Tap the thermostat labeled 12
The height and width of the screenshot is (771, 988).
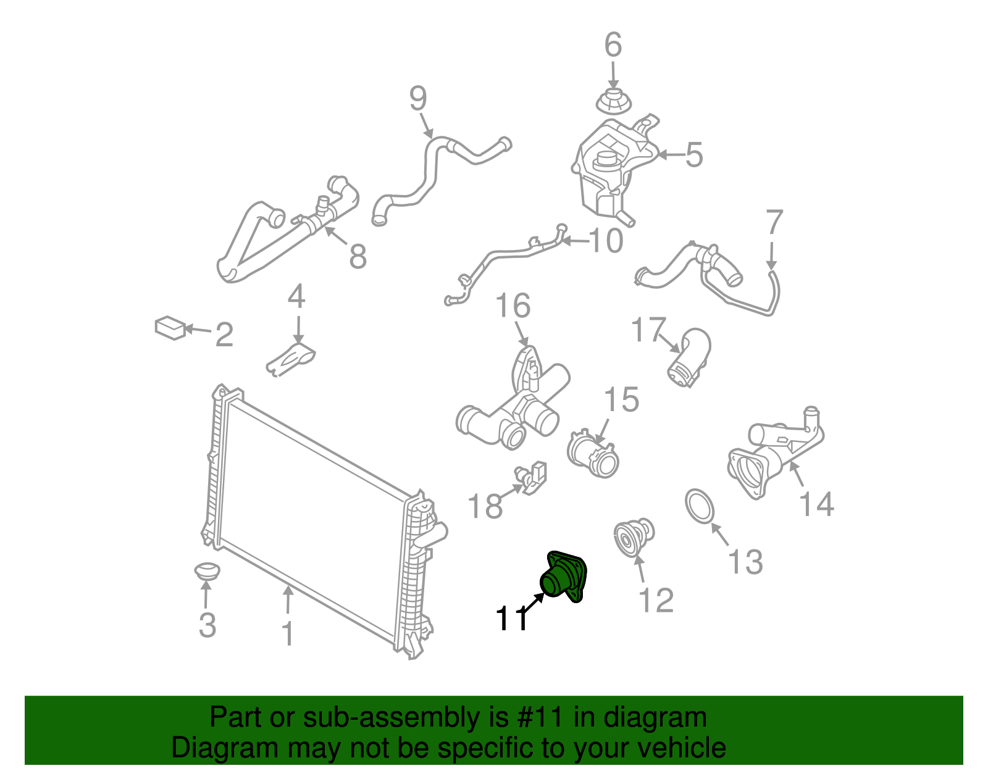(634, 538)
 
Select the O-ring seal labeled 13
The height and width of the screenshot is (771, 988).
(700, 506)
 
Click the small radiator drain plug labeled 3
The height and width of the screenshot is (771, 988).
(207, 572)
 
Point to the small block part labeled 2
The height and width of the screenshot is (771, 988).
(170, 328)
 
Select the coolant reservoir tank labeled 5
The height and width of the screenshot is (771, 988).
(614, 170)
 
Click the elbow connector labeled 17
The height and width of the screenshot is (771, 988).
(689, 357)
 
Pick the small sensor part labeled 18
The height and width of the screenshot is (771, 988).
(530, 478)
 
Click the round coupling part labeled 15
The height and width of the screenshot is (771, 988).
(593, 453)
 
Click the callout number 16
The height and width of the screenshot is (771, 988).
(513, 306)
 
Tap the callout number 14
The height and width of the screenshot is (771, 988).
(816, 504)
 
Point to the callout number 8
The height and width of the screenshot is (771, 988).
(358, 256)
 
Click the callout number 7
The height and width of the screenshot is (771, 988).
(775, 222)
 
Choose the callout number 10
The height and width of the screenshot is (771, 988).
(606, 240)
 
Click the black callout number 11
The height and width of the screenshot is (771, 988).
(512, 619)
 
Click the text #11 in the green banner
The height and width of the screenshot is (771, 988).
(540, 717)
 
